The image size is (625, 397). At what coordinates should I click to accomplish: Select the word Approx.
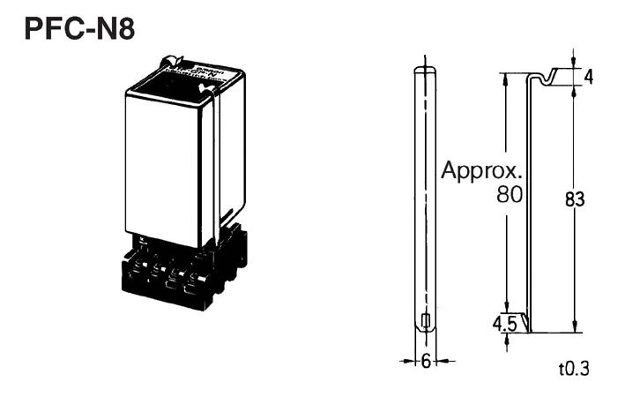[482, 170]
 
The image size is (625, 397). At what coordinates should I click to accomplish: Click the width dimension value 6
[426, 361]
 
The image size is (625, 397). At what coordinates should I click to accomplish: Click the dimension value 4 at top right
[588, 77]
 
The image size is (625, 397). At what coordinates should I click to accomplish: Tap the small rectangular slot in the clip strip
[426, 320]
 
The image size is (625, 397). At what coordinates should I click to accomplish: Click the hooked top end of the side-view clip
[551, 77]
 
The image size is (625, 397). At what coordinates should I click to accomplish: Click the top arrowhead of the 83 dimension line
[574, 91]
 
